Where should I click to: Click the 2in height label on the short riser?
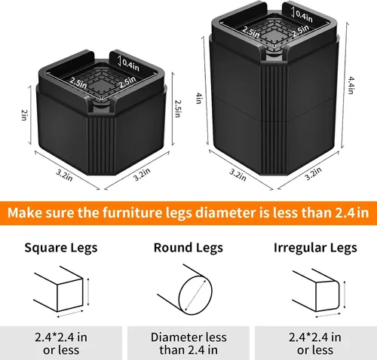point(24,115)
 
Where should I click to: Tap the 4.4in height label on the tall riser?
point(351,85)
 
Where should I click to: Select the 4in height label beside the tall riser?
point(199,99)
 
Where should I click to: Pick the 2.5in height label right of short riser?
point(177,108)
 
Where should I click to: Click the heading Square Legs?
point(61,248)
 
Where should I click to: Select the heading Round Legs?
point(188,248)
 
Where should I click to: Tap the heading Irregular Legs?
point(315,248)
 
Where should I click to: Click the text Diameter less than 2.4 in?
point(188,343)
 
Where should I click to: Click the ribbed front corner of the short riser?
point(102,145)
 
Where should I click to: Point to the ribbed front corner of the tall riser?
point(274,121)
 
